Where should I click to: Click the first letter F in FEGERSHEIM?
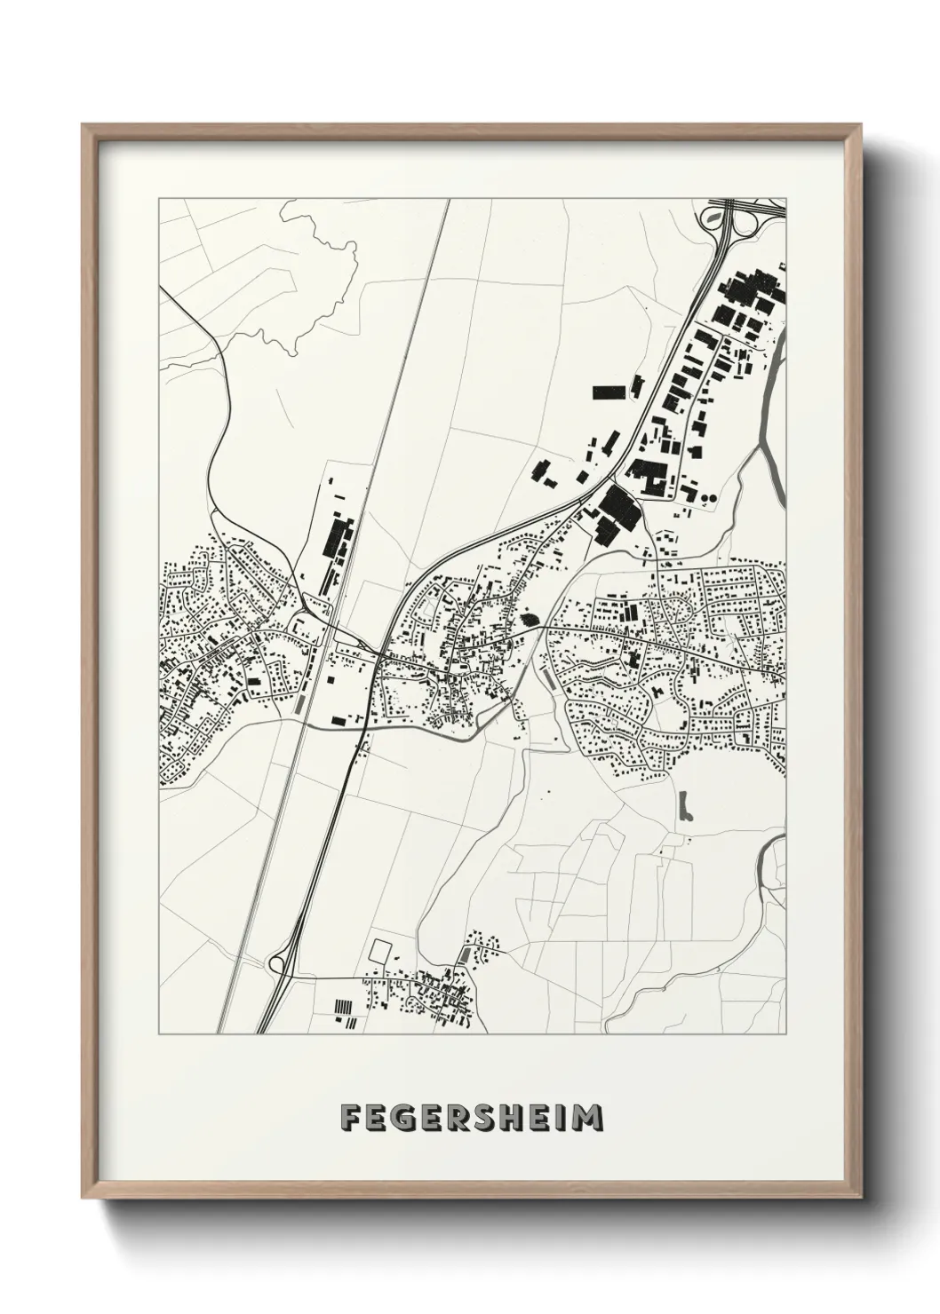point(349,1118)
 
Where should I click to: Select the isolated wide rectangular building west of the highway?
point(608,392)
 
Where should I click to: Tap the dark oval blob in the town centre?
point(531,618)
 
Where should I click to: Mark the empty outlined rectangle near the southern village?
point(380,950)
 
